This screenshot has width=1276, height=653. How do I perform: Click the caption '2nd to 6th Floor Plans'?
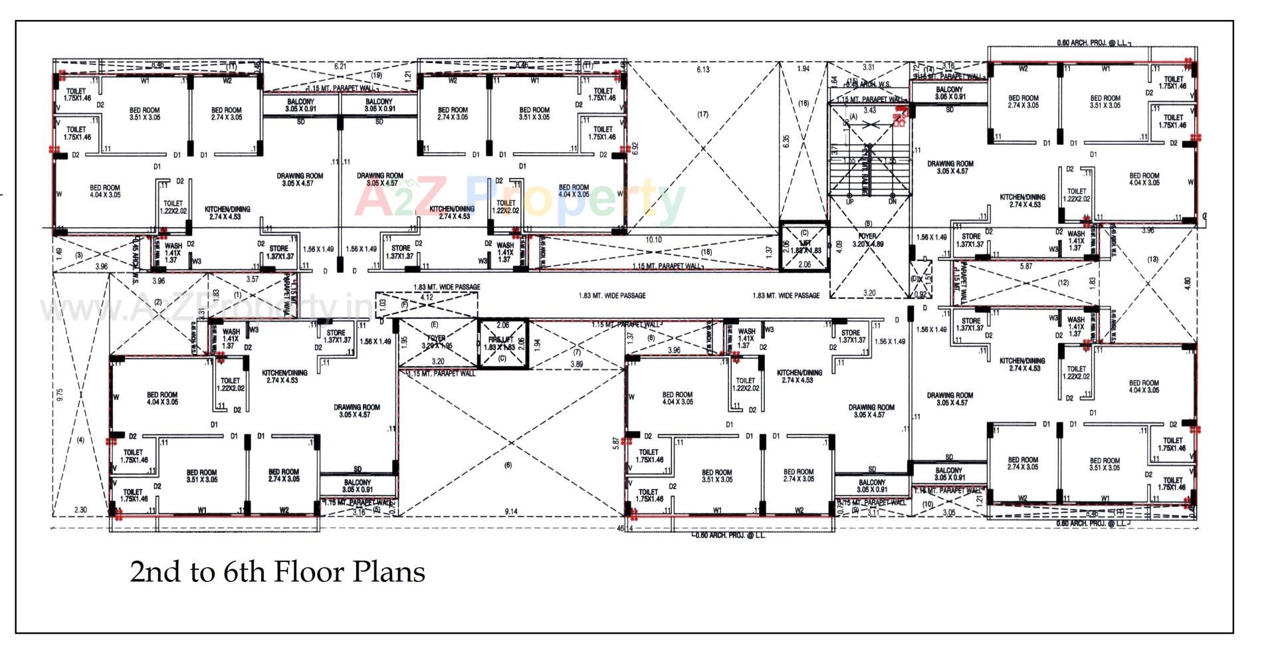coord(277,572)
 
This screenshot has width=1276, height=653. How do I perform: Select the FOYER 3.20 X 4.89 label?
coord(867,240)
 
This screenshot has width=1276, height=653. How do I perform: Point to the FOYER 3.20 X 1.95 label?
coord(437,342)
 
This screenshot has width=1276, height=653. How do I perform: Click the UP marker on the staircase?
coord(849,201)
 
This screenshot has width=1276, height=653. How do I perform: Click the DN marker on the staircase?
coord(892,201)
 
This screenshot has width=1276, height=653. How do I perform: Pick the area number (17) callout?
coord(702,114)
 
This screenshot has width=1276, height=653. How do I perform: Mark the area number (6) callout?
coord(508,466)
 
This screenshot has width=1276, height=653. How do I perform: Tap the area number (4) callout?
coord(80,440)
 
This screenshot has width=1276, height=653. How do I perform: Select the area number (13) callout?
coord(1152,259)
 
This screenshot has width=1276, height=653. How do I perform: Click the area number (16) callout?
coord(803,103)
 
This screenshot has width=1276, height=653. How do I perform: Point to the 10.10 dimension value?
coord(653,240)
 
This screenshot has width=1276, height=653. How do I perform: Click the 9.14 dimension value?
coord(511,512)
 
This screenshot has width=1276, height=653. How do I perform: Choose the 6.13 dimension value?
coord(702,69)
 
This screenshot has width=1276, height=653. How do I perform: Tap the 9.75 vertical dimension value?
coord(60,395)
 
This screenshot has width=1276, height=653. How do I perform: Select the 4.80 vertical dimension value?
coord(1188,282)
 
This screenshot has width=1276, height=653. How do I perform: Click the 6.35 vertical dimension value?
coord(786,142)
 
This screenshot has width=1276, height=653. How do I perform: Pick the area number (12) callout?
coord(1063,282)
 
